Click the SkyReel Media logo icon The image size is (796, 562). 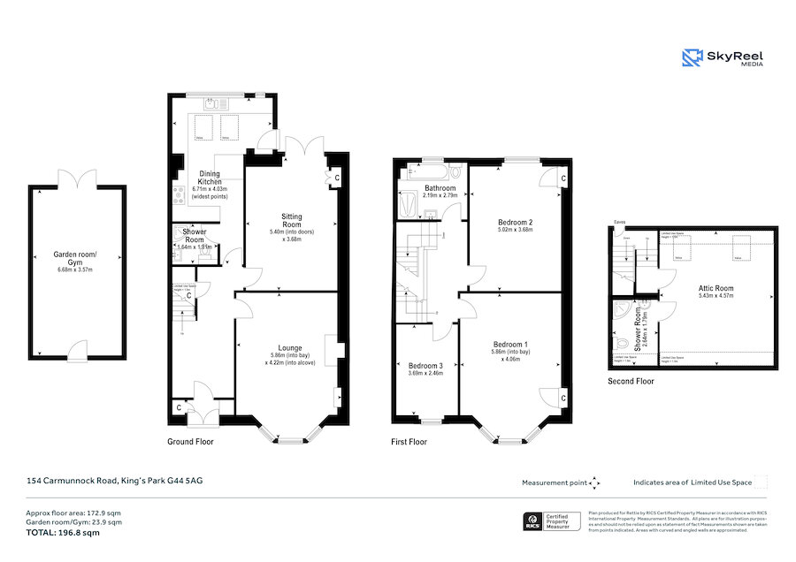[692, 58]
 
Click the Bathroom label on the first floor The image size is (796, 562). [440, 188]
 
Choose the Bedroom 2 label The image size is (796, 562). [514, 222]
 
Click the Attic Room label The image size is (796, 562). [716, 288]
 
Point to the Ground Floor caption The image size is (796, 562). [190, 441]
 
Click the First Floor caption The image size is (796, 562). [409, 441]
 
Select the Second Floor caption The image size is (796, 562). [631, 382]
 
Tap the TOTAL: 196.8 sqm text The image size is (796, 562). [63, 533]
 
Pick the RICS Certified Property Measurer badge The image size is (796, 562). [553, 522]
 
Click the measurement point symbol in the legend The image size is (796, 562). [594, 482]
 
